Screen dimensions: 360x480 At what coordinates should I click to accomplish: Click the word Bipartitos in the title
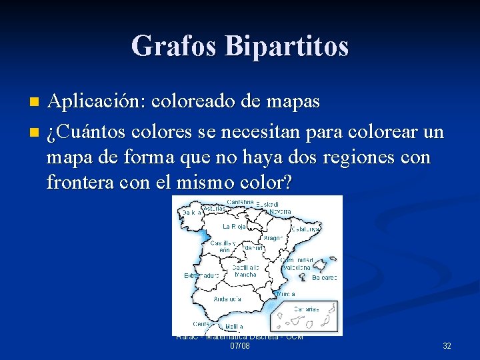(x=287, y=46)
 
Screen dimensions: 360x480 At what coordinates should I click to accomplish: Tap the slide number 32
(x=447, y=346)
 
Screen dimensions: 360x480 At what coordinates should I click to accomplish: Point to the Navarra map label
(x=280, y=211)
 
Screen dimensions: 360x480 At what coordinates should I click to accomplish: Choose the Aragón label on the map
(x=273, y=237)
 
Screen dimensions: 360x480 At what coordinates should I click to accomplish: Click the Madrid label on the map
(x=253, y=248)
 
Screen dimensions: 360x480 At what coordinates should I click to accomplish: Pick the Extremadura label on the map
(x=201, y=275)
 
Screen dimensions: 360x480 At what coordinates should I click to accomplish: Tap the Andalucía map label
(x=227, y=299)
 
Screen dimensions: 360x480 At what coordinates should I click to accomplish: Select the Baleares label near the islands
(x=325, y=277)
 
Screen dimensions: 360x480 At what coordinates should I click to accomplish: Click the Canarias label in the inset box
(x=307, y=309)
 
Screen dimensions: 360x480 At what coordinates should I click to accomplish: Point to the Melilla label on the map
(x=234, y=327)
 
